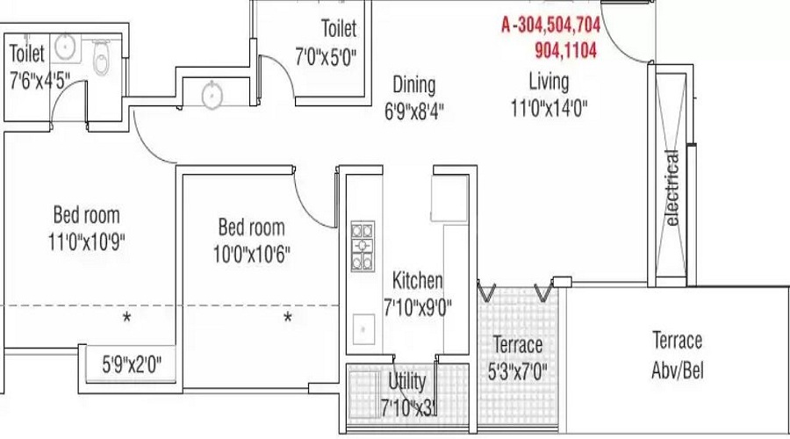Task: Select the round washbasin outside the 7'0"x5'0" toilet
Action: click(x=212, y=94)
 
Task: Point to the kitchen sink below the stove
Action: click(x=361, y=329)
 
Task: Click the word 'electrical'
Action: click(x=672, y=189)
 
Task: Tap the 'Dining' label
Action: click(x=413, y=85)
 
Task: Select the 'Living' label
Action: click(x=549, y=82)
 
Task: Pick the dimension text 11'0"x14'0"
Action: click(x=549, y=108)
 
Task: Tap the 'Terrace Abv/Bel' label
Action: click(x=677, y=354)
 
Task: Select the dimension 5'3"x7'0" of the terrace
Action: click(x=517, y=371)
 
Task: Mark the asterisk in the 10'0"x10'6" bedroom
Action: click(x=287, y=317)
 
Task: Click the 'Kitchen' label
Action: click(x=417, y=281)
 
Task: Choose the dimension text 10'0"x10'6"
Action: click(x=253, y=255)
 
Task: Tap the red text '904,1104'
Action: click(x=565, y=51)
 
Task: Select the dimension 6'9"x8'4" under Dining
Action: click(x=413, y=112)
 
